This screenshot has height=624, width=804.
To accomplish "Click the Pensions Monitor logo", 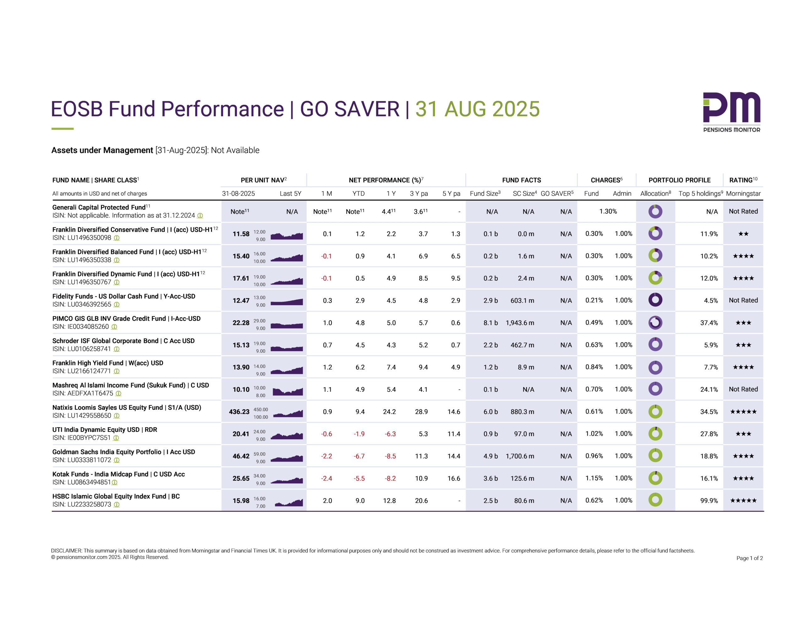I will coord(731,112).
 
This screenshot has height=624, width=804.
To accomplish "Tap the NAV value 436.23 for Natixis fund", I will coord(239,412).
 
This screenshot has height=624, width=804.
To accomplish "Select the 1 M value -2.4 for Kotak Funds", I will coord(326,478).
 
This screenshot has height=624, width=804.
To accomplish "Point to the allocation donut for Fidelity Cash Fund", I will coord(655,300).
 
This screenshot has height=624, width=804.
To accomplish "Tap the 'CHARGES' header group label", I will coord(606,180).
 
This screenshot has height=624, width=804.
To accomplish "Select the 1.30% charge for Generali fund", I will coord(608,211).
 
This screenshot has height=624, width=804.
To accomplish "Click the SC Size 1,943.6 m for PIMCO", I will coord(519,323).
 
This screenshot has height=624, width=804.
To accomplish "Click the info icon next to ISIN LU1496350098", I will coord(117,238).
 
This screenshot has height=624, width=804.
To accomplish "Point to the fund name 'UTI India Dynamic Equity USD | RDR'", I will coord(105,430).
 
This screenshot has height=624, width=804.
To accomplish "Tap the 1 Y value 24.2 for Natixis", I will coord(389,412).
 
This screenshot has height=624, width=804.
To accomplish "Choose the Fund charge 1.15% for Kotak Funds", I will coord(594,478).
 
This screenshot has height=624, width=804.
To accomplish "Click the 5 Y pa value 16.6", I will coord(454,478).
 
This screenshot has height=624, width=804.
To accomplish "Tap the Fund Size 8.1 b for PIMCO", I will coord(490,323).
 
